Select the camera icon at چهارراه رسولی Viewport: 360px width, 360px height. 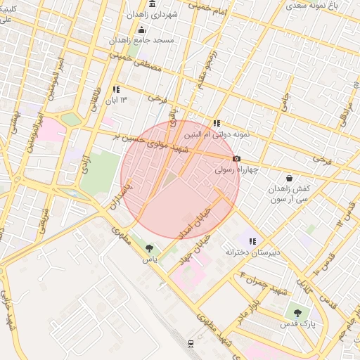point(236,158)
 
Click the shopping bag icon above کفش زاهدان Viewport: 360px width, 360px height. point(290,179)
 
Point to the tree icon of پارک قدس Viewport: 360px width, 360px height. point(298,312)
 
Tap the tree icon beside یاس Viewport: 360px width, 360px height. point(148,247)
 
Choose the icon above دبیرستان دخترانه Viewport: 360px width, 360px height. point(251,240)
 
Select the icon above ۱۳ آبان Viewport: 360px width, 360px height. point(116,89)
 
